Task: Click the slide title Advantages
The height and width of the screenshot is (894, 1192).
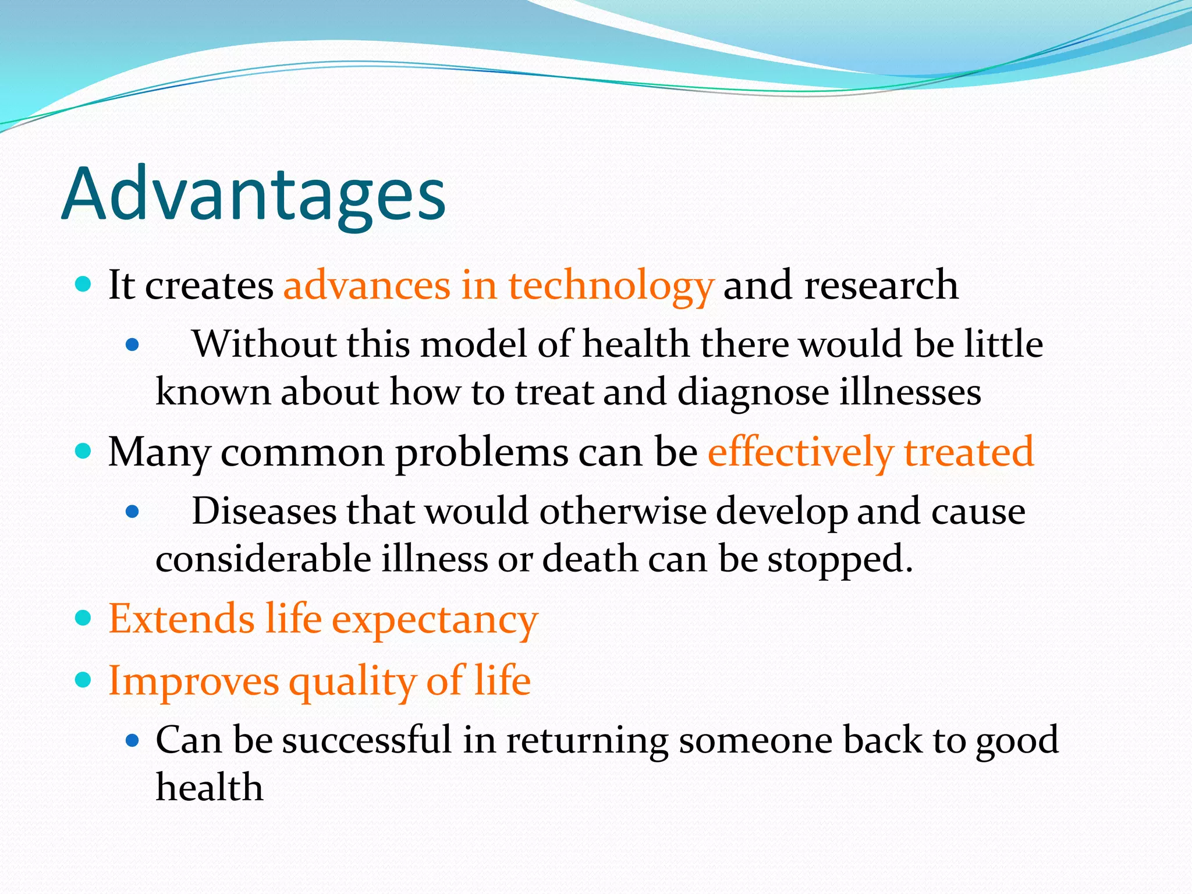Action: (x=253, y=195)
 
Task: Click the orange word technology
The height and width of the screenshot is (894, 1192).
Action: (x=611, y=286)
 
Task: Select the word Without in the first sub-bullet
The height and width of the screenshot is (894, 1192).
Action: (x=264, y=344)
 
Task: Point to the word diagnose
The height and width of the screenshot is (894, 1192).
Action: (x=753, y=393)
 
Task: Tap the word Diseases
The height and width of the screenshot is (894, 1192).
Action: (x=264, y=512)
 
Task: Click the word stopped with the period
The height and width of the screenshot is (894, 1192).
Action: (x=840, y=560)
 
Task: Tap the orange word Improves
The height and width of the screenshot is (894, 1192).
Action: (x=194, y=682)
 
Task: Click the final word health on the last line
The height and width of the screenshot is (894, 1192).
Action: (x=210, y=787)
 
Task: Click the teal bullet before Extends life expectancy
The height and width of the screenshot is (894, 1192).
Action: (x=84, y=618)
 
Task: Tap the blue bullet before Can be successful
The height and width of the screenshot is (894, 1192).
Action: (x=133, y=741)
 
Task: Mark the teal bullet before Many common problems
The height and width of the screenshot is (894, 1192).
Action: (x=84, y=451)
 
